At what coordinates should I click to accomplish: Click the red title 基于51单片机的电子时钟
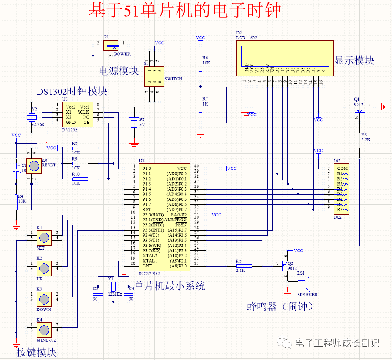click(184, 11)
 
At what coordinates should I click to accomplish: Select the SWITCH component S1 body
click(154, 76)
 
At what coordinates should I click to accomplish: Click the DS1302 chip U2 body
click(77, 115)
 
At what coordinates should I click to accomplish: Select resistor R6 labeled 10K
click(200, 64)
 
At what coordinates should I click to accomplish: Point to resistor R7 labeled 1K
click(200, 105)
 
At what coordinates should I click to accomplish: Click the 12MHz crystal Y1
click(113, 286)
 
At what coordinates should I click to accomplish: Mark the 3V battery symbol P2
click(133, 123)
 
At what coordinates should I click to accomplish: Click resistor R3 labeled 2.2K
click(359, 140)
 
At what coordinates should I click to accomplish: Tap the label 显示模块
click(354, 60)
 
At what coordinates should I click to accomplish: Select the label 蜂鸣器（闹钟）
click(280, 306)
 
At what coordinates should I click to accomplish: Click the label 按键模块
click(37, 352)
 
